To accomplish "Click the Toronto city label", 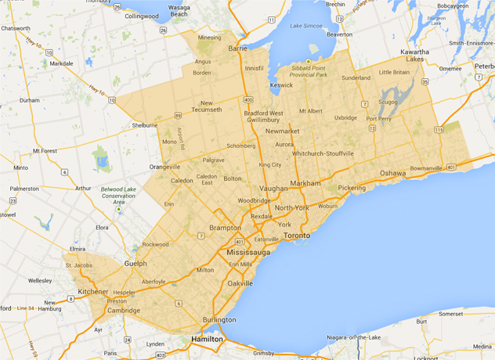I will (297, 235).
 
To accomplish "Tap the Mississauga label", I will (248, 254).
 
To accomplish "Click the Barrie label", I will (238, 48).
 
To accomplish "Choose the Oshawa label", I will (392, 172).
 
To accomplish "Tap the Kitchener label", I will (93, 291).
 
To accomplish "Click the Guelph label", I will (135, 265).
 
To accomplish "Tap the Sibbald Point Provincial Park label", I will (319, 71).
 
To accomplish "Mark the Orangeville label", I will (165, 167).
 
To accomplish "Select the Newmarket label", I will (283, 131).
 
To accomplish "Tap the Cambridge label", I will (124, 310).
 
